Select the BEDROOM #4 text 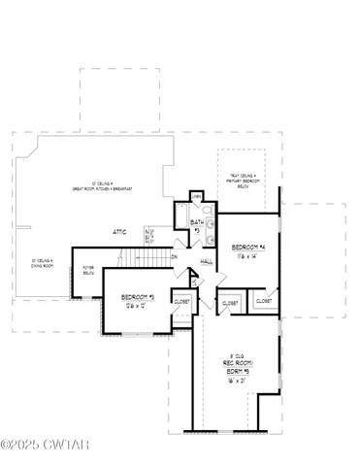tap(249, 248)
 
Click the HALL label tap(207, 262)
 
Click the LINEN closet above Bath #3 tap(197, 197)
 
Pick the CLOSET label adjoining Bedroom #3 tap(182, 302)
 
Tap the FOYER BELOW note tap(89, 270)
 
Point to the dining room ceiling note tap(43, 262)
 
